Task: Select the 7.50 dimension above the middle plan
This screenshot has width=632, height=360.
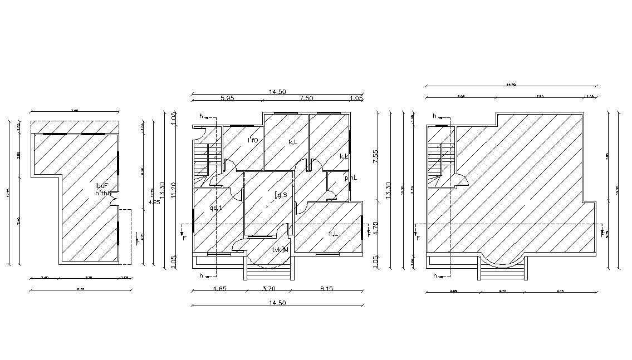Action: tap(306, 98)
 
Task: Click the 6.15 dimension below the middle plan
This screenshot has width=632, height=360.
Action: tap(327, 289)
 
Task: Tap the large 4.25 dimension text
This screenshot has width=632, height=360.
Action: tap(154, 202)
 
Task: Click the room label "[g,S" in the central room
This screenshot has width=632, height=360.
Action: tap(281, 195)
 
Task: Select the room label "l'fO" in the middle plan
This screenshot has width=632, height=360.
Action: tap(253, 140)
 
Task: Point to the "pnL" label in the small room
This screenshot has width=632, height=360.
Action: tap(350, 178)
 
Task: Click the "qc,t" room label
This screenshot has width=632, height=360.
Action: tap(215, 208)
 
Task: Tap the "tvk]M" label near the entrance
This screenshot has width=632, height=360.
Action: tap(280, 250)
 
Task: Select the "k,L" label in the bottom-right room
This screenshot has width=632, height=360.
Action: tap(333, 234)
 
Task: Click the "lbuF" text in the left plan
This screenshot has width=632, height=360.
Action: tap(101, 185)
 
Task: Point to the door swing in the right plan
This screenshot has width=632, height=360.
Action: tap(461, 180)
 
